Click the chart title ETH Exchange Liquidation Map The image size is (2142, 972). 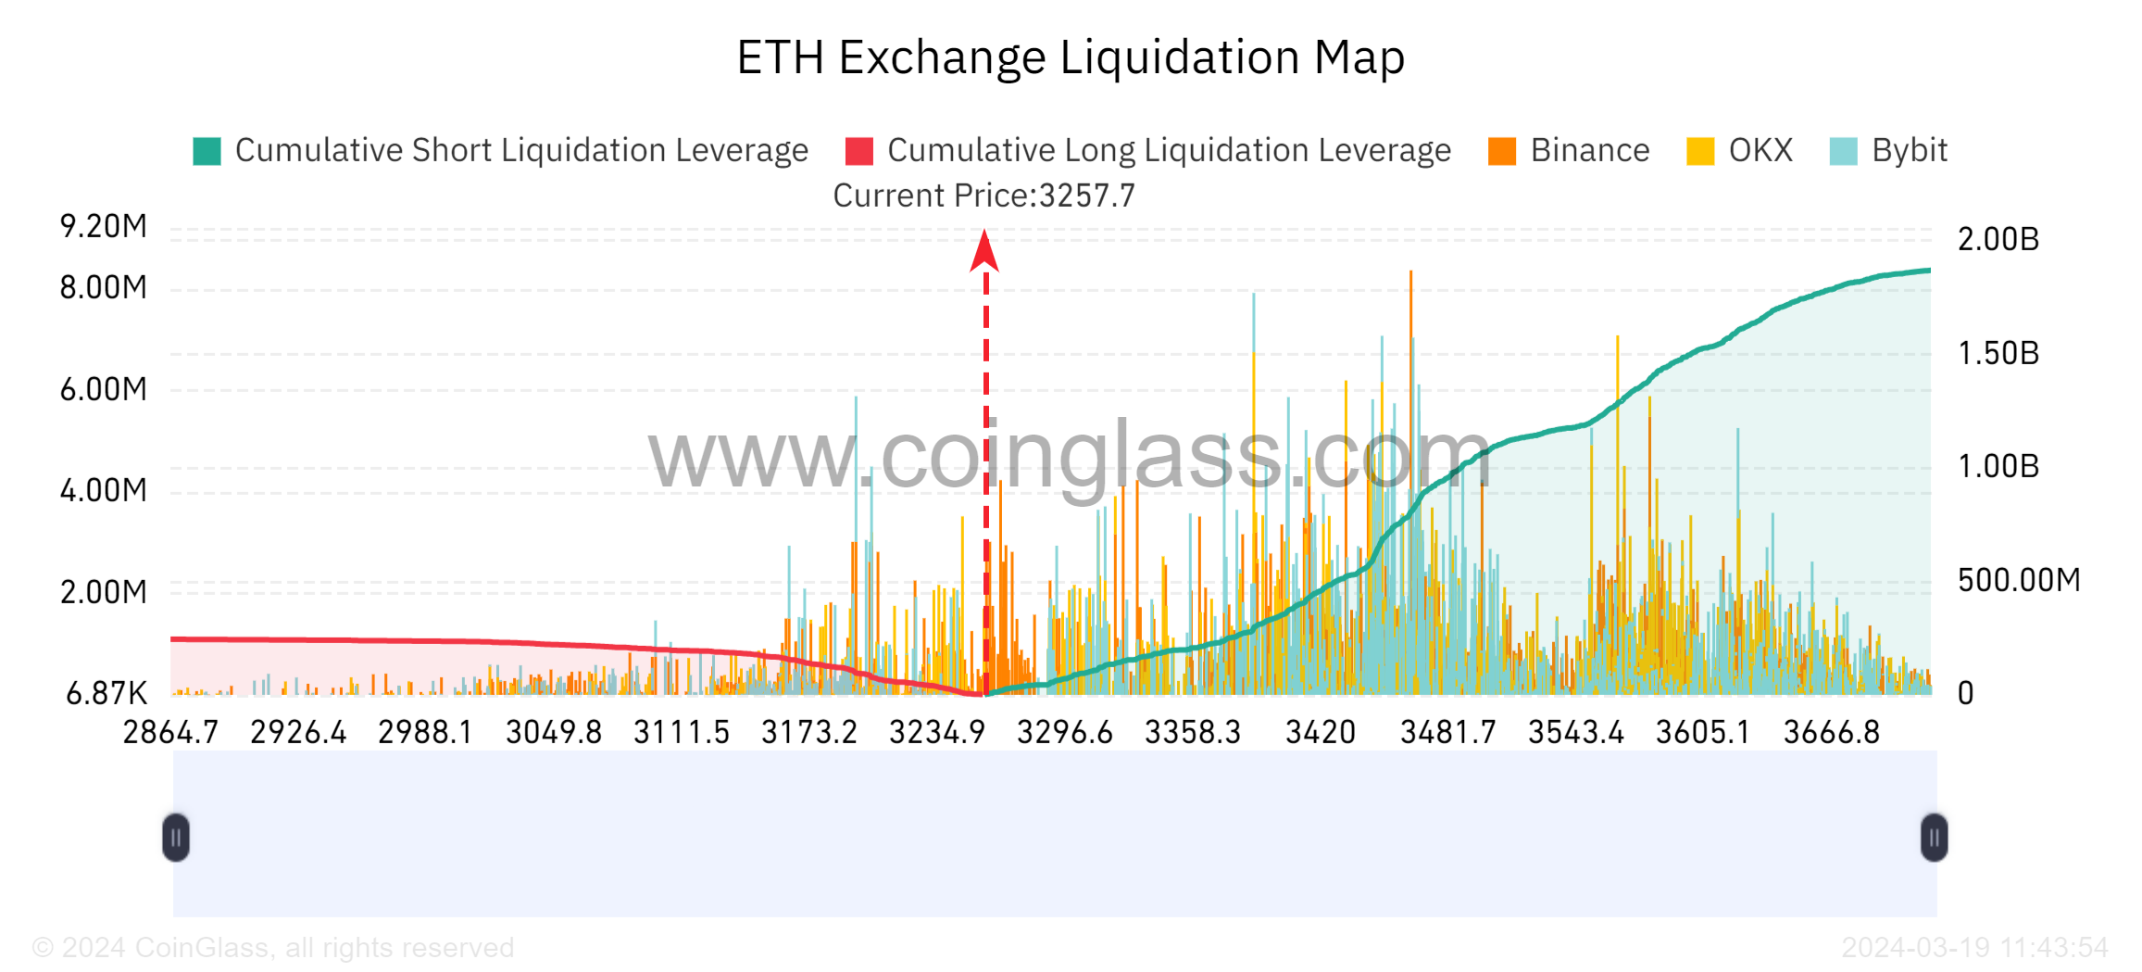[x=1071, y=57]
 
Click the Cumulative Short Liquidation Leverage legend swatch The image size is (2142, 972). [x=207, y=151]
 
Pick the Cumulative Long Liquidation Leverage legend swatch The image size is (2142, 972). [x=859, y=151]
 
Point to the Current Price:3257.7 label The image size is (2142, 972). [x=983, y=196]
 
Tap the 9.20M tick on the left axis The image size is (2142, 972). [x=104, y=226]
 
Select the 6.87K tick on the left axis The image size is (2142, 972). [x=106, y=693]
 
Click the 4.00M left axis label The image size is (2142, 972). [x=104, y=490]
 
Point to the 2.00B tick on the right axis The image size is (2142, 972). [x=1998, y=239]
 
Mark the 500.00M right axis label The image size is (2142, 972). [x=2019, y=580]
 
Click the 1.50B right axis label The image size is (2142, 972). [x=1998, y=353]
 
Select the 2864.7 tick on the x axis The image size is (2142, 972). [x=170, y=733]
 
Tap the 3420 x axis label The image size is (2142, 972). [x=1320, y=733]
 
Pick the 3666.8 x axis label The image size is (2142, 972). [x=1831, y=733]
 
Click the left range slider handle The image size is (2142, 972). [x=176, y=838]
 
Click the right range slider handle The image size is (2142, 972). [x=1934, y=838]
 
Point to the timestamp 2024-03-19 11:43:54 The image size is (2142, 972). [x=1974, y=947]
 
